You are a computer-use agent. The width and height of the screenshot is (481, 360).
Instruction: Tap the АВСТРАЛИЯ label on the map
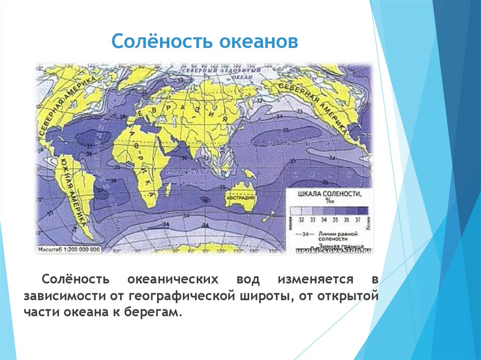(x=240, y=198)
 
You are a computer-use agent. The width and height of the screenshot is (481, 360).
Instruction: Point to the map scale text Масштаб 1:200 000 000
(x=69, y=250)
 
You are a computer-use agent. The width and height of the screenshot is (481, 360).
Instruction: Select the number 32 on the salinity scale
(x=301, y=220)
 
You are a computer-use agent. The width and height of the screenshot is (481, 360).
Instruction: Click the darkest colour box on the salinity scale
(x=362, y=210)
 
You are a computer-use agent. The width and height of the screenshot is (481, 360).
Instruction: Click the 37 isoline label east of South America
(x=99, y=191)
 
